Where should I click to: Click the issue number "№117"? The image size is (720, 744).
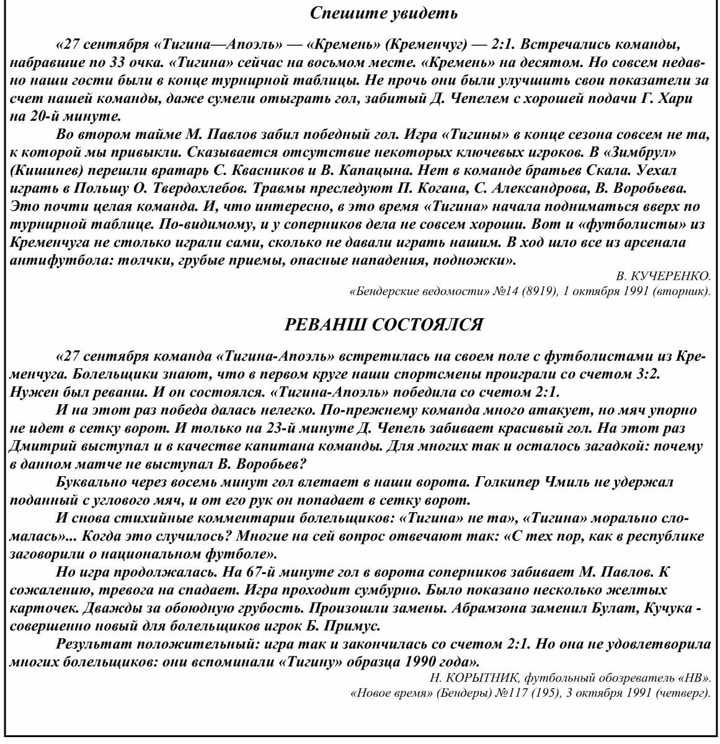click(522, 692)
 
